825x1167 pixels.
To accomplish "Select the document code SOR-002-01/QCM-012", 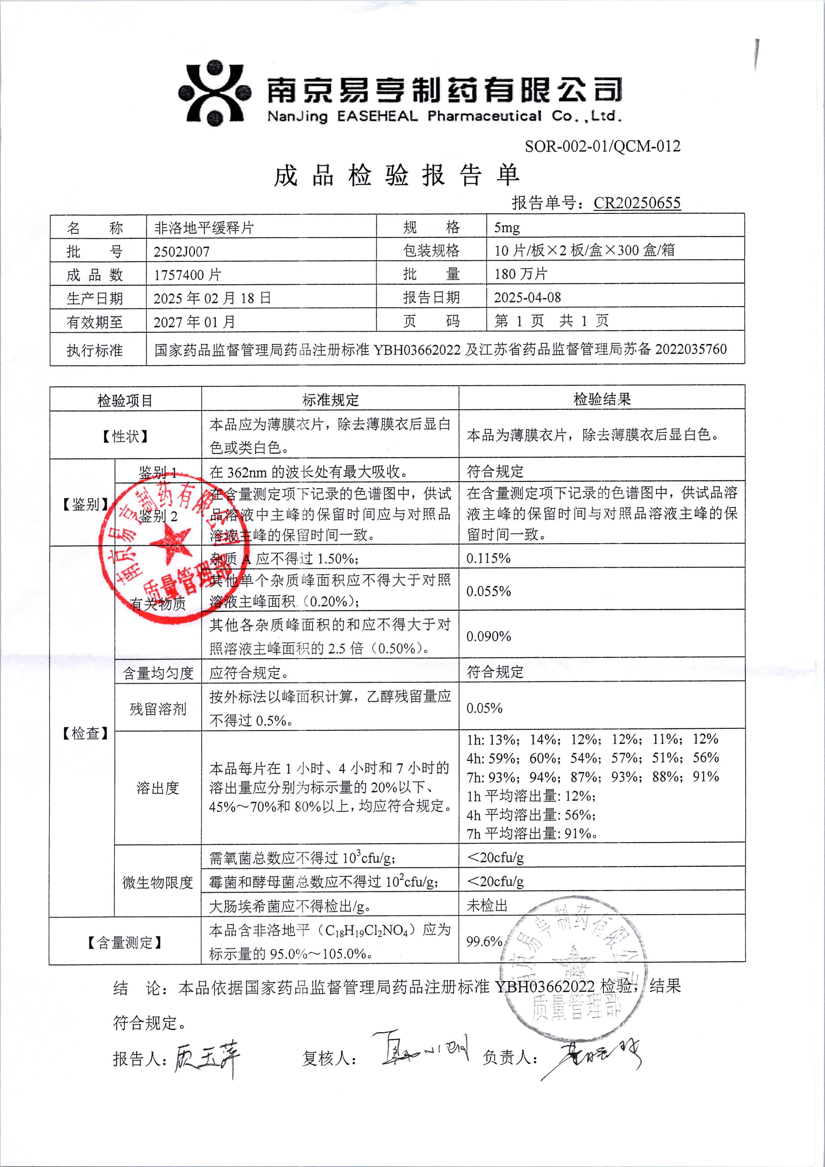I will [x=602, y=146].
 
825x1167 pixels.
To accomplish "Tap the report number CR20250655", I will [x=637, y=203].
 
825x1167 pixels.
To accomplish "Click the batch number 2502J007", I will [x=182, y=251].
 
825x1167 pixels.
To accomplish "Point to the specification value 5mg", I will [x=507, y=228].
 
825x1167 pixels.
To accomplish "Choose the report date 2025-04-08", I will [x=527, y=297].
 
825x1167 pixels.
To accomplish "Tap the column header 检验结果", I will [x=602, y=399].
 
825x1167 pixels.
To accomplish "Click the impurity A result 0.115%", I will [x=488, y=558].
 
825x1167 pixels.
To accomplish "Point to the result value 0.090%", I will [x=488, y=636].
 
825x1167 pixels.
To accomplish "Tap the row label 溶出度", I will [x=158, y=788].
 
